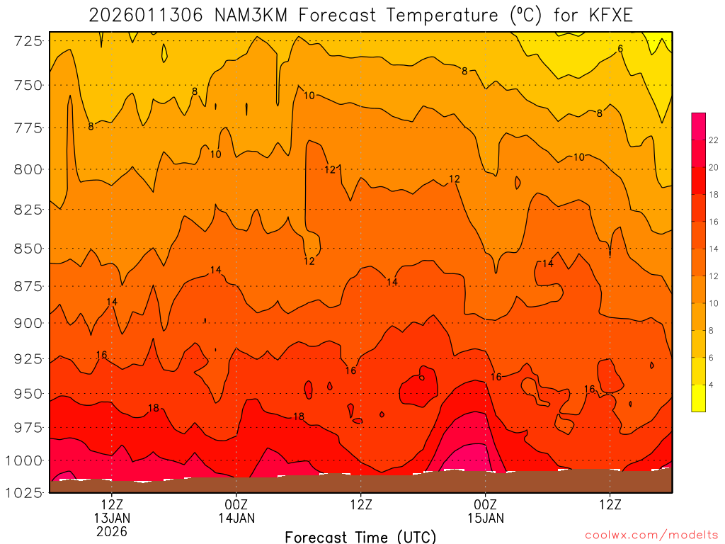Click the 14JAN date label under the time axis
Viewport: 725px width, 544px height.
pos(236,518)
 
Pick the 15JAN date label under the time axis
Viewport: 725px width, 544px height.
pos(486,518)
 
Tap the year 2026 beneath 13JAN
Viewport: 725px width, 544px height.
pos(112,531)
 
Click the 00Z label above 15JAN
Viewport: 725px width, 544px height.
pos(486,504)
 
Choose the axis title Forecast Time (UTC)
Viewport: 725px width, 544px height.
pos(360,536)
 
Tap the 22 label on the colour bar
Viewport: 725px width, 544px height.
pos(714,140)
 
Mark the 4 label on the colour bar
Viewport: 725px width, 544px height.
pos(712,385)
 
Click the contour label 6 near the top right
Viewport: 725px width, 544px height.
pos(620,49)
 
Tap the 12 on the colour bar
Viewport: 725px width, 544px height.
pos(714,276)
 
